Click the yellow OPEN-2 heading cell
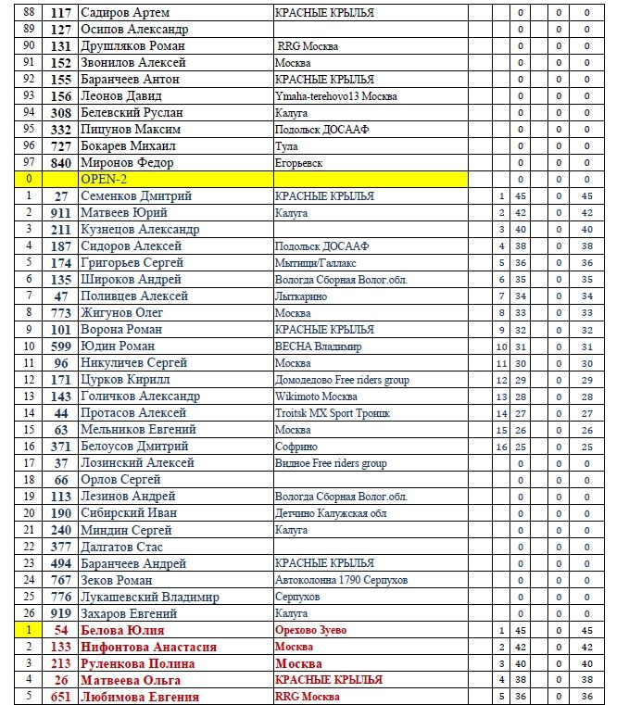click(x=176, y=179)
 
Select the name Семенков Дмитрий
click(x=136, y=195)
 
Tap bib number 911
click(x=61, y=212)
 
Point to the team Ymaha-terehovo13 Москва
click(x=335, y=95)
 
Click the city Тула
click(x=286, y=145)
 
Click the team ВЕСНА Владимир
click(x=318, y=346)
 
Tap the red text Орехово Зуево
click(x=310, y=630)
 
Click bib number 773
click(x=61, y=312)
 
